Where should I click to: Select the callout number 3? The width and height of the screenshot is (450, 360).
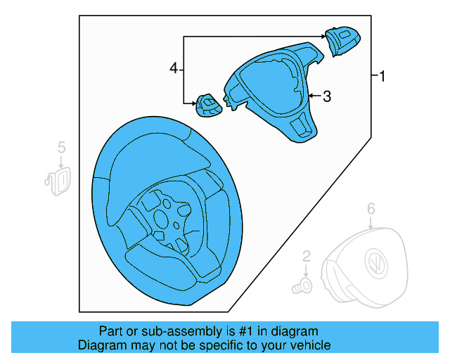326,97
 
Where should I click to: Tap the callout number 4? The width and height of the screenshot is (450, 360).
174,68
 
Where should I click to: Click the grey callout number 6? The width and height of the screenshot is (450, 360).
371,208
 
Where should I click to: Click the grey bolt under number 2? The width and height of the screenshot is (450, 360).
304,286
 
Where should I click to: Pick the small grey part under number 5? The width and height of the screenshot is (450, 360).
58,176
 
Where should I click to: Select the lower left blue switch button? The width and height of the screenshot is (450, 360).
208,107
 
